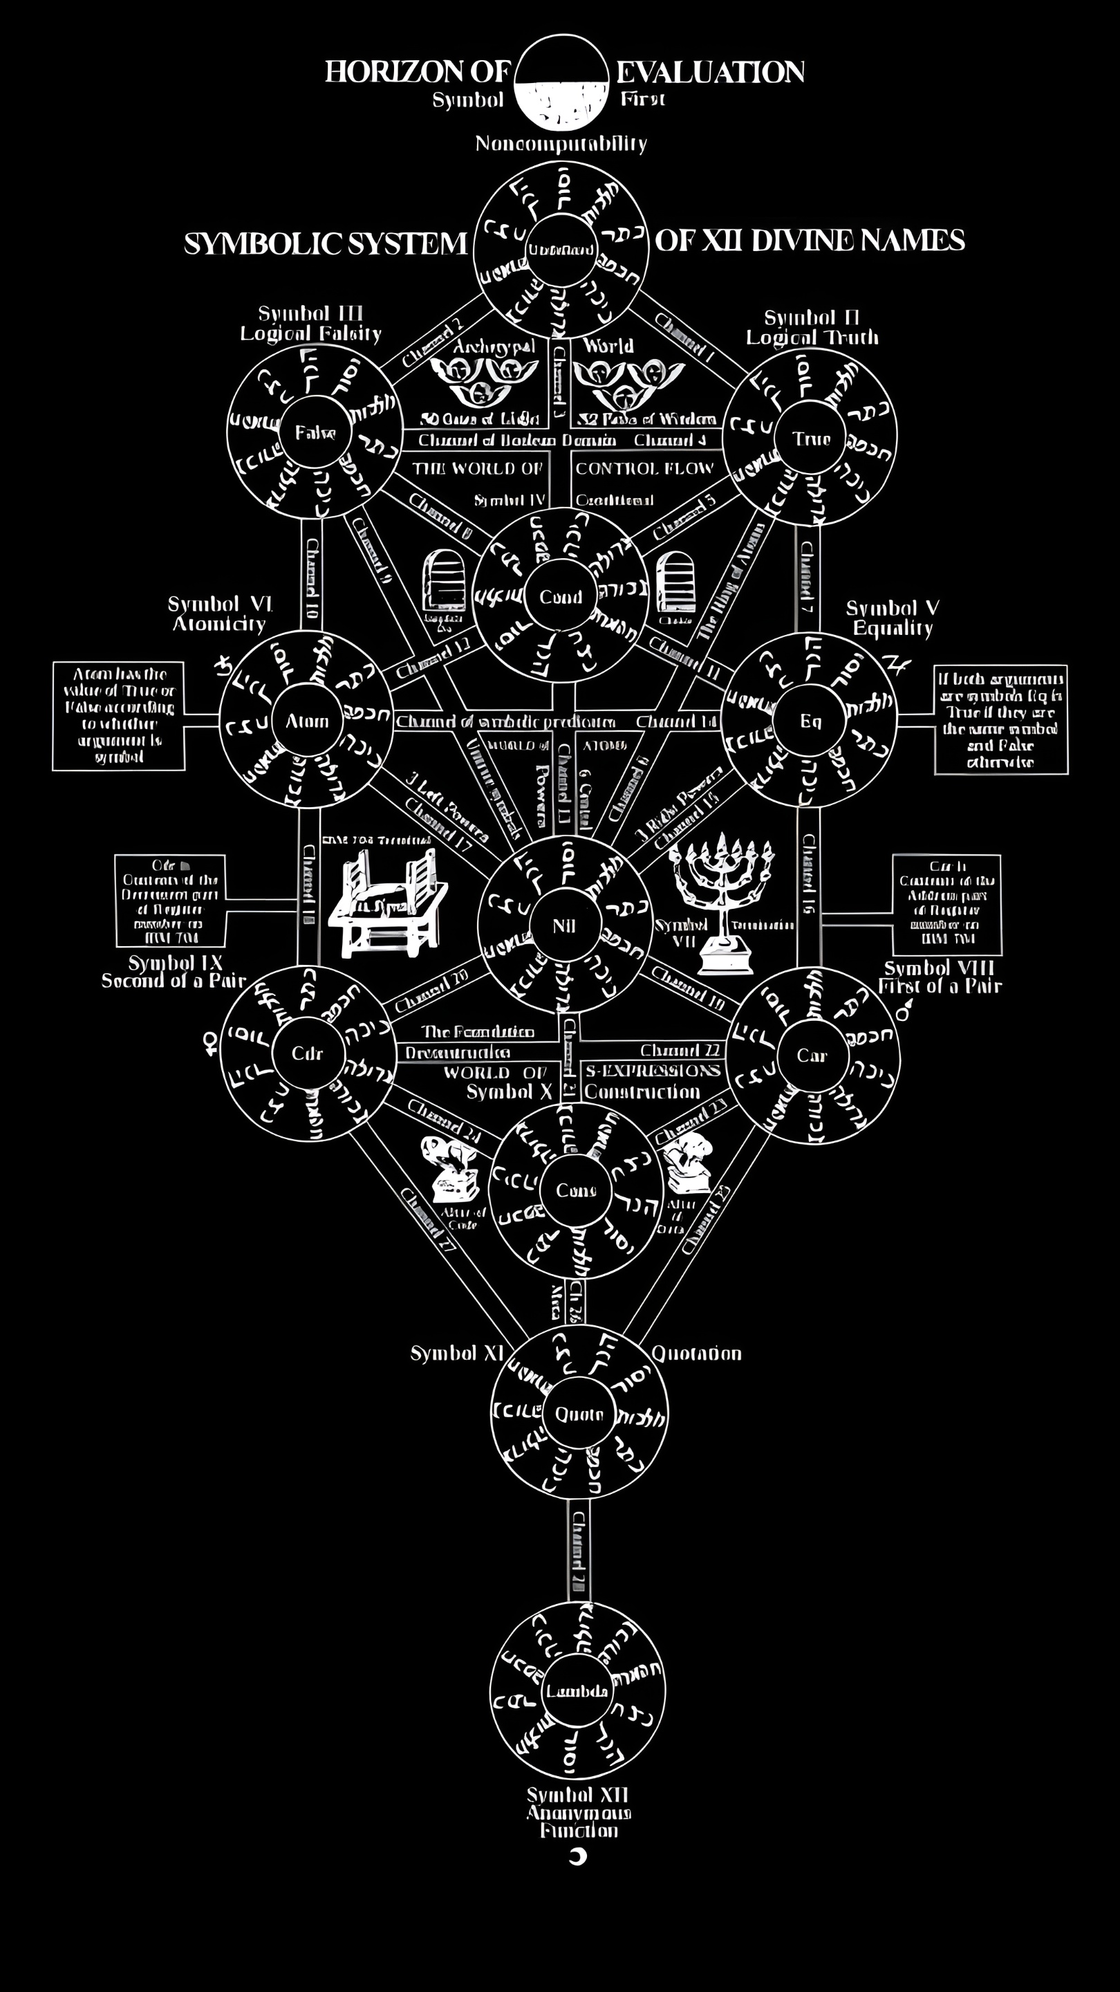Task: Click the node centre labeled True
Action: [811, 439]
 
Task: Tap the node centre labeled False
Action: [315, 432]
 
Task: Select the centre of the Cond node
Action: [561, 597]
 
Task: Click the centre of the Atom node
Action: [307, 721]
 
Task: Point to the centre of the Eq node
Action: [810, 721]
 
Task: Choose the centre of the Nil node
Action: [564, 925]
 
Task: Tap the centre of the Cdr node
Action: [307, 1053]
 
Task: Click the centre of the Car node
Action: [812, 1055]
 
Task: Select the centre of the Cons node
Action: [576, 1190]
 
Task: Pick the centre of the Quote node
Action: [579, 1414]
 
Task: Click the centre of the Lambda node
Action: [577, 1691]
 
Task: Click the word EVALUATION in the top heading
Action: [710, 72]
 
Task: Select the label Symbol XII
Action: [577, 1794]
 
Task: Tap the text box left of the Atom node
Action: [118, 716]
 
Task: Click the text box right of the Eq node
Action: [1001, 719]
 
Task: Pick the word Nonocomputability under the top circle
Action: [561, 144]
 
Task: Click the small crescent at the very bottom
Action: [577, 1856]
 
